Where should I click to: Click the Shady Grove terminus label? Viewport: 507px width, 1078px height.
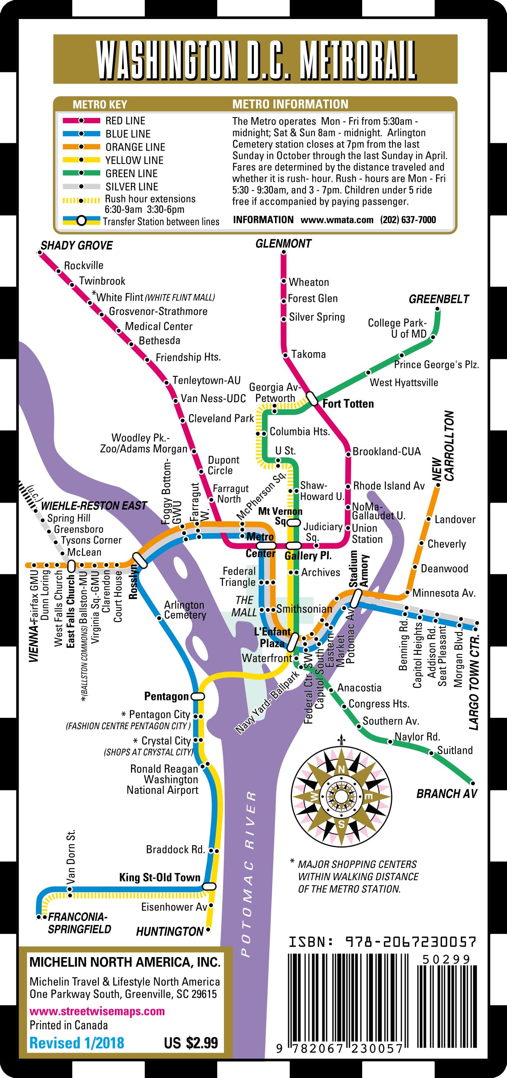click(76, 246)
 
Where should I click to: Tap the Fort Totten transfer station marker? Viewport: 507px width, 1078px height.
click(312, 399)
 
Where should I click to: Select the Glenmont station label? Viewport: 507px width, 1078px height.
click(283, 244)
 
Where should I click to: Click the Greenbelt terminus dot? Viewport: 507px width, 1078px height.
click(438, 309)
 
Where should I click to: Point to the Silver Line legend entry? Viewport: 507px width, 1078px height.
click(131, 186)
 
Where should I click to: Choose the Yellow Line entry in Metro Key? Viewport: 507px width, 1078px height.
click(134, 160)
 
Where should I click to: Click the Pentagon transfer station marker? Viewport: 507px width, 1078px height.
click(198, 696)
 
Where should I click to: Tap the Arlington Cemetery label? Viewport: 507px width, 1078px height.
click(185, 610)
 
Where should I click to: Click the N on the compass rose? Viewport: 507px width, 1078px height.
click(341, 769)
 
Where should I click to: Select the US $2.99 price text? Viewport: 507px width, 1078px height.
click(191, 1042)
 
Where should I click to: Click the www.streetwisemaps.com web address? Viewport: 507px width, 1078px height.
click(97, 1011)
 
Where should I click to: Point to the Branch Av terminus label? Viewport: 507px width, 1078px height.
click(447, 793)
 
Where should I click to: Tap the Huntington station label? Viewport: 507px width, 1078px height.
click(170, 931)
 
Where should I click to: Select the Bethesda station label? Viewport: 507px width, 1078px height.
click(159, 341)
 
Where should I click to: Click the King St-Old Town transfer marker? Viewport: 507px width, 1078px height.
click(209, 886)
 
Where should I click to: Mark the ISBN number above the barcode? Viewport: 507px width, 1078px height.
click(382, 942)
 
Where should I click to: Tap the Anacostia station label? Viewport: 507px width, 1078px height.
click(359, 688)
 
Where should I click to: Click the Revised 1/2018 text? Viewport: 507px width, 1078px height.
click(76, 1043)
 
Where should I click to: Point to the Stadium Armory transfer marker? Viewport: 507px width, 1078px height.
click(356, 598)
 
